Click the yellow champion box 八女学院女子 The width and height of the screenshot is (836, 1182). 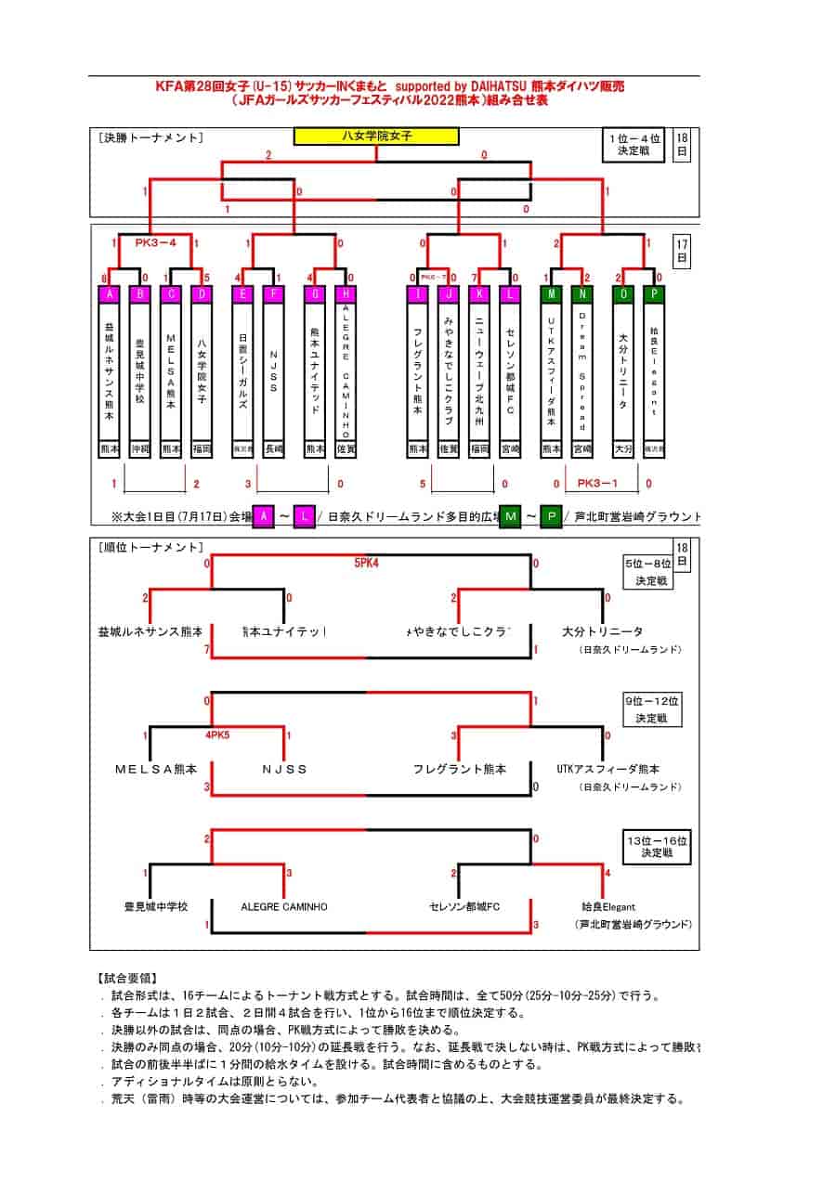376,136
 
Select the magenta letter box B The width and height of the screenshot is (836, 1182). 139,294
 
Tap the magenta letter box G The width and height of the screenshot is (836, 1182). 315,294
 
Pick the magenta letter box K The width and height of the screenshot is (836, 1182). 479,294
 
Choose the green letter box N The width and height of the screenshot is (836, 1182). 582,294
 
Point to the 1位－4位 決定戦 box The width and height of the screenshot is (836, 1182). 634,146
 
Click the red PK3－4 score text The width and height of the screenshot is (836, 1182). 156,243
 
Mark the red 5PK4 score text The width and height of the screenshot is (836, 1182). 367,563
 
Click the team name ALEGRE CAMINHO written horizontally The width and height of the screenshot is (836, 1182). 284,906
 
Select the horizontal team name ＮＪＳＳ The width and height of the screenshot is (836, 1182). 284,769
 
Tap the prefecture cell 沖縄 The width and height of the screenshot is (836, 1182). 139,448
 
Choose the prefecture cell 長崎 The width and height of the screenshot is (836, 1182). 273,448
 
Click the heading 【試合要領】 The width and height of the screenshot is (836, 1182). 127,978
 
